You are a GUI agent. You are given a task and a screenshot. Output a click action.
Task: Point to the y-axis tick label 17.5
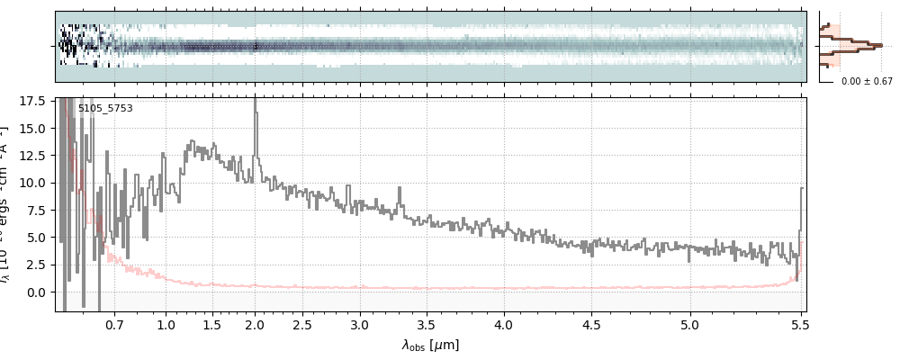33,101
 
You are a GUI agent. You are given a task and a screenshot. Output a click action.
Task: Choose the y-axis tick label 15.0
33,128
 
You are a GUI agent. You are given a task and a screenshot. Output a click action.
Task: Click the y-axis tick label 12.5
33,155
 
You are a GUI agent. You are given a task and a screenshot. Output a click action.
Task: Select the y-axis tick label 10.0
33,183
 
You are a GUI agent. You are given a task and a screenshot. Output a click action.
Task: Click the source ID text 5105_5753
105,108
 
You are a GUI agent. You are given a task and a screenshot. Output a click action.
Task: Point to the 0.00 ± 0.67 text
866,81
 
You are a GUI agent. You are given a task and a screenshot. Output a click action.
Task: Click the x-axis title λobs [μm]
430,345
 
